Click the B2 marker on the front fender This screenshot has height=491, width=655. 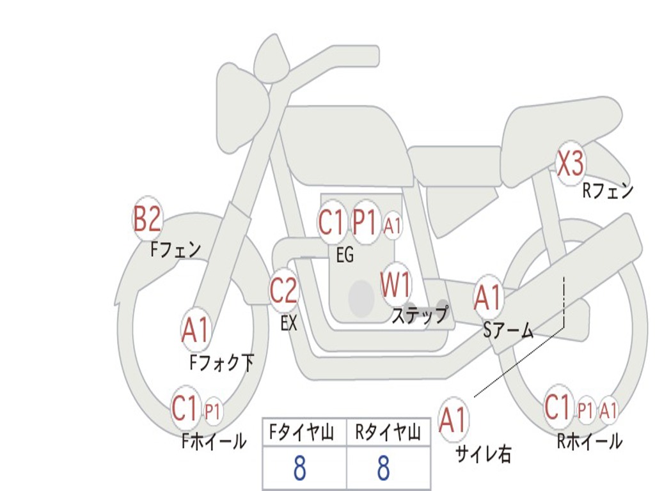[x=146, y=219]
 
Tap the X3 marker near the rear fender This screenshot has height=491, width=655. [x=571, y=163]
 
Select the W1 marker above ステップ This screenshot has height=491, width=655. [x=395, y=284]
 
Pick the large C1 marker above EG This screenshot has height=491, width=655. [x=331, y=222]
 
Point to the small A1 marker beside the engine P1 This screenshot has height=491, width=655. [x=392, y=226]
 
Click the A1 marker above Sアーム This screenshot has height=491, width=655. [x=487, y=298]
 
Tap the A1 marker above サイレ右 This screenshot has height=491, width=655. [x=452, y=419]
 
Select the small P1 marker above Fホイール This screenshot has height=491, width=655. [x=212, y=412]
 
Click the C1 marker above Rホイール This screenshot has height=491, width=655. [x=558, y=407]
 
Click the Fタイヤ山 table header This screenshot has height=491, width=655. [x=301, y=432]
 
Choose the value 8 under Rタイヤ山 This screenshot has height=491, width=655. [x=384, y=467]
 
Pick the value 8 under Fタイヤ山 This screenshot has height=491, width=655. [x=300, y=467]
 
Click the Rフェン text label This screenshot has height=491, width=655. [x=608, y=191]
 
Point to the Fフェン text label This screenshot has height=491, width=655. [x=176, y=250]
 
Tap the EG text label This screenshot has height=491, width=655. [x=345, y=254]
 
